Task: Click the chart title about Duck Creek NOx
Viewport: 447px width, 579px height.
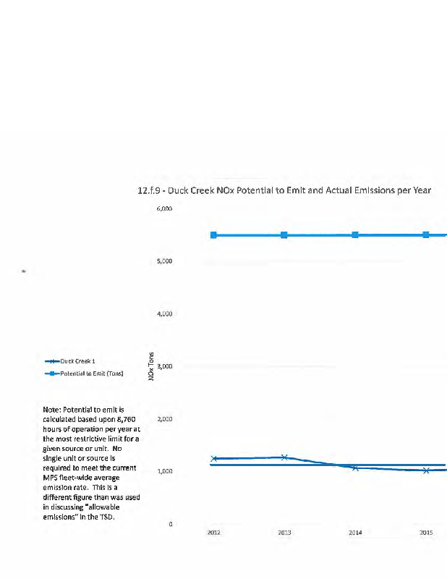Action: (x=284, y=190)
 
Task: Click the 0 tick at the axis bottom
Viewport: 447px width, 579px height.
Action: (x=170, y=524)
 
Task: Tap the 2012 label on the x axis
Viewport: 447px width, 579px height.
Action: (x=213, y=533)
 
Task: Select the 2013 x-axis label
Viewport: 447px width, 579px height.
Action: (x=284, y=533)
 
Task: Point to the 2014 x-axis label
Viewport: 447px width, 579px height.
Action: (x=355, y=533)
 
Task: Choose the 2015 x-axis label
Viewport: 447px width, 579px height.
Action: (x=426, y=533)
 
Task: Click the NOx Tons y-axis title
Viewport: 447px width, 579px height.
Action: (x=152, y=366)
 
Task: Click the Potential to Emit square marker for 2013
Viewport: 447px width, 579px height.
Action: (x=284, y=234)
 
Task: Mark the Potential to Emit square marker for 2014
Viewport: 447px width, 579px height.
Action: (x=355, y=234)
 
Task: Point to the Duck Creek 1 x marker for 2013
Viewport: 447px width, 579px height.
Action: (x=284, y=457)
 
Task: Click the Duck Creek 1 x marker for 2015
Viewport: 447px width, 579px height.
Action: (x=426, y=470)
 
